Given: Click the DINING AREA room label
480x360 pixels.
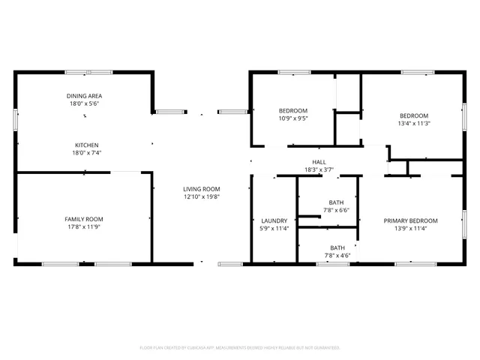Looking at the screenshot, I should [84, 96].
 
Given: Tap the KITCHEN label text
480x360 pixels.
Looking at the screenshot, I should [86, 145].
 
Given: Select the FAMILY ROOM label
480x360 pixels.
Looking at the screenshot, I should [84, 218].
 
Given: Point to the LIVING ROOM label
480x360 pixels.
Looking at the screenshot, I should [202, 189].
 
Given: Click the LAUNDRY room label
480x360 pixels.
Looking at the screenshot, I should [274, 220].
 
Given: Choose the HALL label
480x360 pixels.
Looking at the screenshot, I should [319, 162].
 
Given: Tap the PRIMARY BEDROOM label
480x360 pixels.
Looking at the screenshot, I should [410, 220].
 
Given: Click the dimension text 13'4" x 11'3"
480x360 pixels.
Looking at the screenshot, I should [414, 123].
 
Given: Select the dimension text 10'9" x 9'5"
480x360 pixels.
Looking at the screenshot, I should [293, 118].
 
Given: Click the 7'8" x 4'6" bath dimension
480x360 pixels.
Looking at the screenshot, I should [337, 255].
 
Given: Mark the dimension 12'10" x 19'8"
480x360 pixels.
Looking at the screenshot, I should [202, 196].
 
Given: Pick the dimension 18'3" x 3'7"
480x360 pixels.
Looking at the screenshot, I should [319, 169].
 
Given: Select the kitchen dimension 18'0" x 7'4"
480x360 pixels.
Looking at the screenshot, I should [86, 152].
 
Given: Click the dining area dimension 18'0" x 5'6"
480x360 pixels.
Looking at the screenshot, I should [84, 103].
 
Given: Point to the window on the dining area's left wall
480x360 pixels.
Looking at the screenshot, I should [15, 121].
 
